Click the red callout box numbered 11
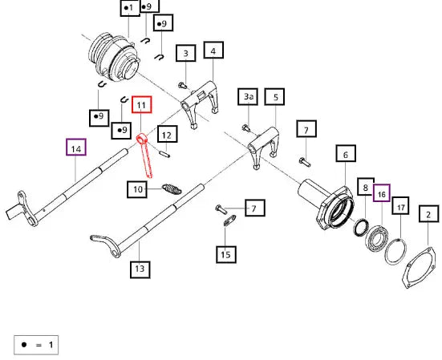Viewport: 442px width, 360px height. pos(142,105)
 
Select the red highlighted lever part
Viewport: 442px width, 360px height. pos(144,155)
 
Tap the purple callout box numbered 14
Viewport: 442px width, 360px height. pos(76,147)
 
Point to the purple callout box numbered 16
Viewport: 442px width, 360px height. pos(382,193)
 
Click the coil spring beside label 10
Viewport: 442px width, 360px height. pos(172,189)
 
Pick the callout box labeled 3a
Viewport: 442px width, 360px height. pos(248,97)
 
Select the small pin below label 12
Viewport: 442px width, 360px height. pos(164,154)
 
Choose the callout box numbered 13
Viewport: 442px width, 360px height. pos(140,270)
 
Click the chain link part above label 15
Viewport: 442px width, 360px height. pos(229,220)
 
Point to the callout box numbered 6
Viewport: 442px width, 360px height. pos(346,153)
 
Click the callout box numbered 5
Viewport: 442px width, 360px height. pos(274,97)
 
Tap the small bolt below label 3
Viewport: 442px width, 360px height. pos(183,85)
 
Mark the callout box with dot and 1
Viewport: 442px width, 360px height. pos(130,8)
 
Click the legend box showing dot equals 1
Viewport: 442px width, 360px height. pos(36,345)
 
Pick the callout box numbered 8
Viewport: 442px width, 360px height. pos(366,187)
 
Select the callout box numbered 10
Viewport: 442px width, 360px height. pos(137,189)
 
